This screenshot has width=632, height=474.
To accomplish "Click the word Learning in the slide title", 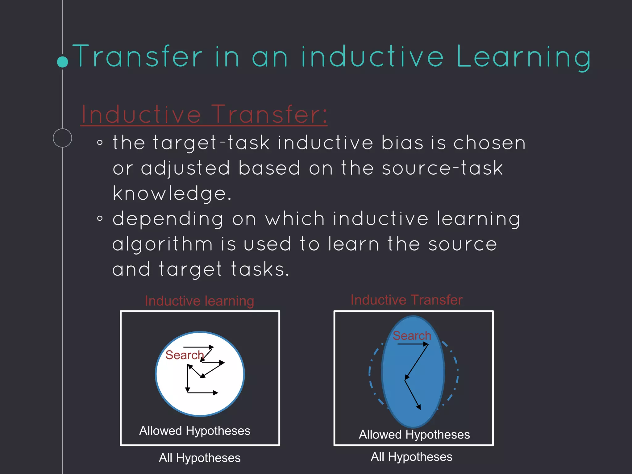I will click(523, 57).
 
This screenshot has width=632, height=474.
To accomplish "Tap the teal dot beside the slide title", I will click(63, 62).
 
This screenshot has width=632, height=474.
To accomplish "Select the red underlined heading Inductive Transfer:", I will click(204, 114).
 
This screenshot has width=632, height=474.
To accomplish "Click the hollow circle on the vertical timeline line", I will click(62, 138).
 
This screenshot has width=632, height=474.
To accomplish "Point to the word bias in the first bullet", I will click(402, 143).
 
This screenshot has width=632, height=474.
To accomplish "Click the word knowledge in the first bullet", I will click(172, 193).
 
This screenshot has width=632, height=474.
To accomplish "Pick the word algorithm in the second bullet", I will click(163, 244).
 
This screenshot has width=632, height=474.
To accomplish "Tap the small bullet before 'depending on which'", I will click(100, 219).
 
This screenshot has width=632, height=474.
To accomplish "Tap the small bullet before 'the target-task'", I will click(100, 143).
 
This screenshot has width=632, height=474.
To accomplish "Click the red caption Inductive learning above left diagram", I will click(199, 301).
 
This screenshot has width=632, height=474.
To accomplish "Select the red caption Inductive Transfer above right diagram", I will click(406, 300).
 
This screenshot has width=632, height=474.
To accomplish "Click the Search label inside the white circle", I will click(185, 355).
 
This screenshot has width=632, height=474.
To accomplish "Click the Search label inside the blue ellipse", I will click(412, 335).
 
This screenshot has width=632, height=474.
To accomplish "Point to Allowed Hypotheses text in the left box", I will click(195, 431).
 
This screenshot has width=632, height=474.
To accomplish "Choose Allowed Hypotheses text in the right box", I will click(414, 434).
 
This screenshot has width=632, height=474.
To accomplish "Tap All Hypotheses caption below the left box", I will click(200, 458).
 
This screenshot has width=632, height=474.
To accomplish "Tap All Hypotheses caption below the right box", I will click(411, 457).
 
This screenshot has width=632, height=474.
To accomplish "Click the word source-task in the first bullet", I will click(442, 168).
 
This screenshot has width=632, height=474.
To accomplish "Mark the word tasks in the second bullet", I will click(260, 269).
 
